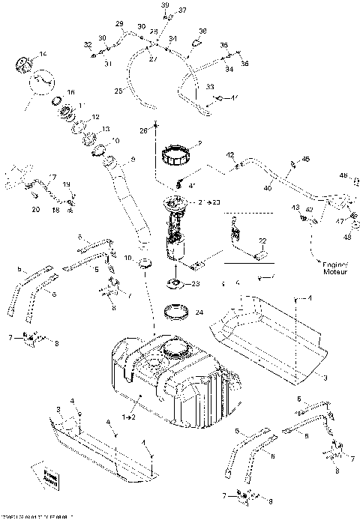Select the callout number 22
(263, 241)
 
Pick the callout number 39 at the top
(166, 6)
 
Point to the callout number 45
(306, 159)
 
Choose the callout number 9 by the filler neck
(133, 160)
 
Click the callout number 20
(35, 211)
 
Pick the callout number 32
(87, 45)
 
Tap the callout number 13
(95, 129)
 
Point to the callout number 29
(118, 25)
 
